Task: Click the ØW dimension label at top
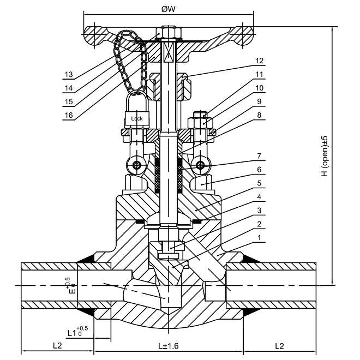pos(169,9)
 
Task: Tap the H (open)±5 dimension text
pos(325,156)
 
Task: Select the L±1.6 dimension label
pos(169,346)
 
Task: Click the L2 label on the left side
pos(57,345)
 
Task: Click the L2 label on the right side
pos(279,346)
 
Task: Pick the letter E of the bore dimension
pos(72,291)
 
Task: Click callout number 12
pos(259,61)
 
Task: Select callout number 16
pos(69,115)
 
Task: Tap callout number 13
pos(69,74)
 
